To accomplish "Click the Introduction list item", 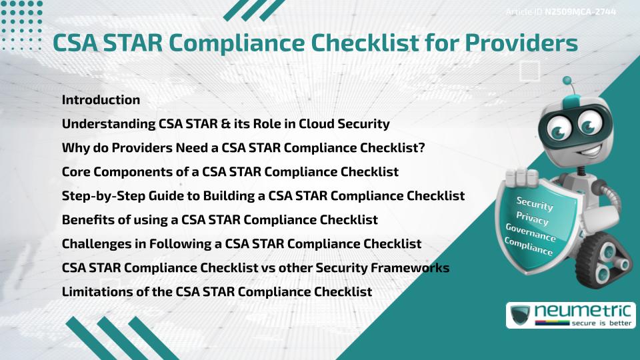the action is [x=101, y=99].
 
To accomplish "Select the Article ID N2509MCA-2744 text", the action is [x=561, y=12].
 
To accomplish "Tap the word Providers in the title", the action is [x=521, y=43].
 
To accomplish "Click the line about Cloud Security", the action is [x=226, y=124].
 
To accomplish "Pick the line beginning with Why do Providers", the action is [x=243, y=148].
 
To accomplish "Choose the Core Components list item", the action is [x=230, y=172].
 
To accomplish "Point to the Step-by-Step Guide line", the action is [x=263, y=196].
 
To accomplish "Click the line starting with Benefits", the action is [x=219, y=220].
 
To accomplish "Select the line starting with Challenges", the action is [x=241, y=244].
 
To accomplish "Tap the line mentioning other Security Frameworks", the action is [x=255, y=268].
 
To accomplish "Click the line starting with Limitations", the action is [x=217, y=292].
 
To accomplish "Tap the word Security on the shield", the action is [x=535, y=203].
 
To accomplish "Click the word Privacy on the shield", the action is [x=532, y=219].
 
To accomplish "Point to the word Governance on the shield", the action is [x=531, y=233].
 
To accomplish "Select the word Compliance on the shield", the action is [x=529, y=247].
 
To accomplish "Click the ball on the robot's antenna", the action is [x=567, y=81].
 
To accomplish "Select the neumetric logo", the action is [x=571, y=315].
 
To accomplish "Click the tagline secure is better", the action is [x=601, y=323].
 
